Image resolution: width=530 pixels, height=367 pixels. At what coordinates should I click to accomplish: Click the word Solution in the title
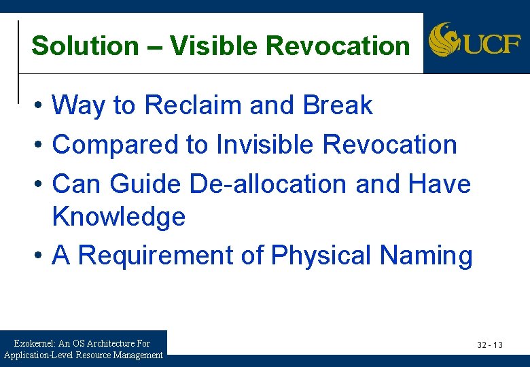(x=85, y=46)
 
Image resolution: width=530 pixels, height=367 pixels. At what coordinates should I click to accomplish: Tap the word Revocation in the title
(x=338, y=46)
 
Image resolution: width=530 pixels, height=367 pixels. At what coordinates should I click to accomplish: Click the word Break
(x=338, y=106)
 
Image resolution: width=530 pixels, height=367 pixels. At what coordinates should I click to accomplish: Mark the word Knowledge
(x=119, y=217)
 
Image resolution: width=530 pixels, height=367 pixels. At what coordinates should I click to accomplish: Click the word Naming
(x=426, y=256)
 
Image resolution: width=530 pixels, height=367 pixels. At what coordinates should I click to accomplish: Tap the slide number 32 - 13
(x=489, y=345)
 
